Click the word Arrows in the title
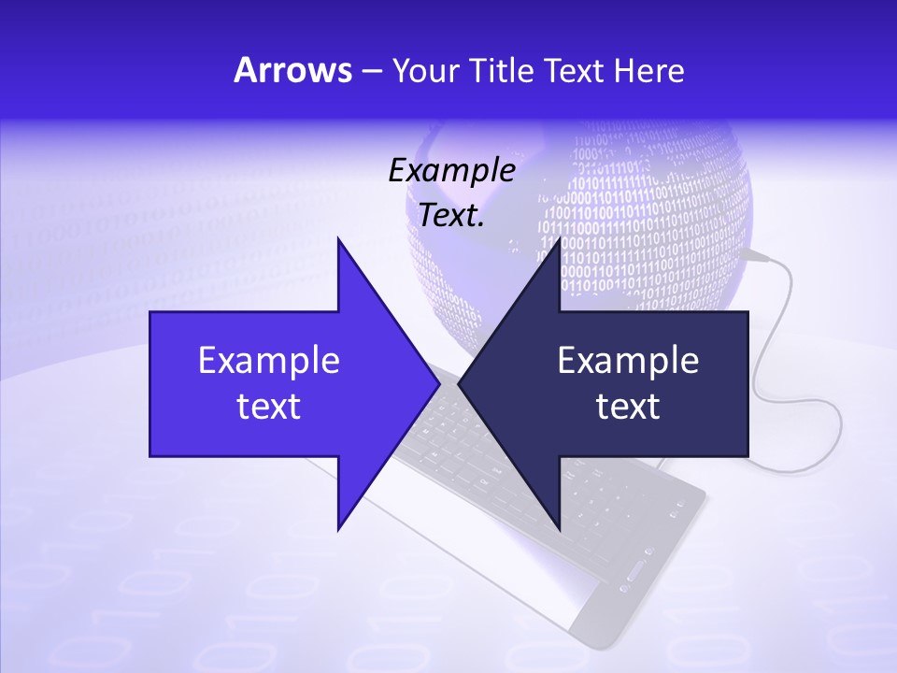(x=292, y=70)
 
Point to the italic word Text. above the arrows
(x=450, y=215)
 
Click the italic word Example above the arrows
(x=451, y=170)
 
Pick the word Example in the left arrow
(x=269, y=360)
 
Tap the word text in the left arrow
(x=269, y=406)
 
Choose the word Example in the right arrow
(x=628, y=360)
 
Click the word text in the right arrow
(x=628, y=406)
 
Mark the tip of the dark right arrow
(x=461, y=383)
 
